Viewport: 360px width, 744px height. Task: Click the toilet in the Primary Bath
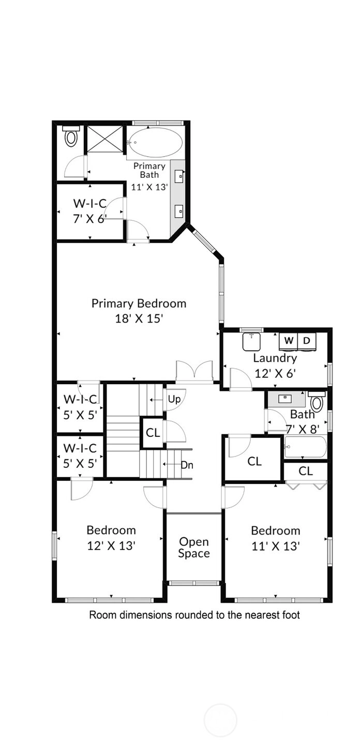pos(71,136)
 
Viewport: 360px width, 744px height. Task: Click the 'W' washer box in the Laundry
pos(289,340)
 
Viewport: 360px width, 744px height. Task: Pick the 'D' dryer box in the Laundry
pos(307,340)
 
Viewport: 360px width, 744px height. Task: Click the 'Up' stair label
pos(174,399)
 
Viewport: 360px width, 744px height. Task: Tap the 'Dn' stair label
pos(187,465)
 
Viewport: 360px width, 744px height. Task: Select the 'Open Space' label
pos(194,547)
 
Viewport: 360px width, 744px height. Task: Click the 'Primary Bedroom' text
pos(139,303)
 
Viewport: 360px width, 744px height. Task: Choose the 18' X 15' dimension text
pos(139,318)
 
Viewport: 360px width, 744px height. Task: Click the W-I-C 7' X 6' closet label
pos(90,211)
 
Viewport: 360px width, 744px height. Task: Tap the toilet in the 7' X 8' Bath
pos(317,401)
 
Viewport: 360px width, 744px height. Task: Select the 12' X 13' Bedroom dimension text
pos(111,545)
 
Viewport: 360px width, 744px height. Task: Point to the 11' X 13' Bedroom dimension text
pos(276,546)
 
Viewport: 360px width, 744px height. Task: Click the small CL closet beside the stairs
pos(153,433)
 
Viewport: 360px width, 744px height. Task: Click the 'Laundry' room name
pos(275,358)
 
